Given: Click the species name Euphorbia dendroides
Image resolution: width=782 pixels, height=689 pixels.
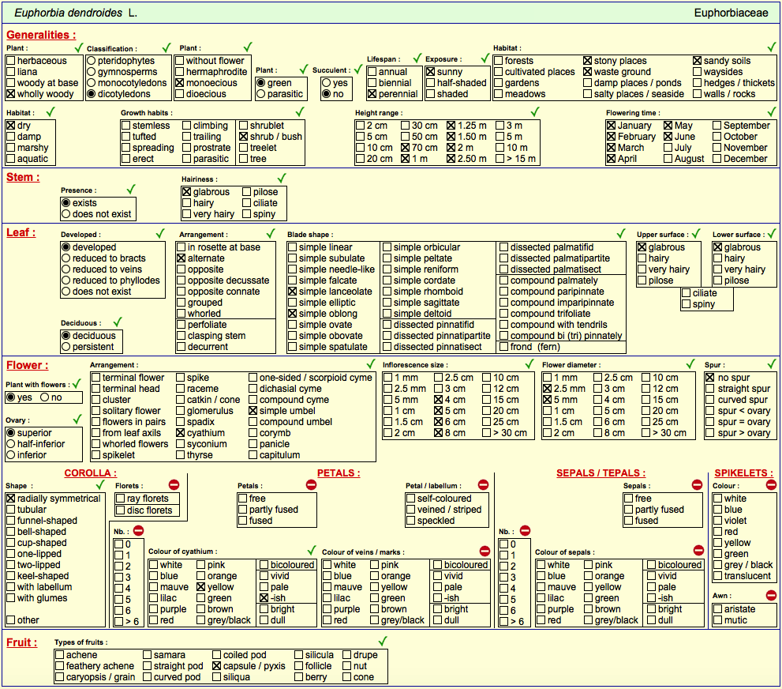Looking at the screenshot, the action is click(x=68, y=13).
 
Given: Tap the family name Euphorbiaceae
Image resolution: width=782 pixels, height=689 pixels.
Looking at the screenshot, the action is click(x=731, y=13).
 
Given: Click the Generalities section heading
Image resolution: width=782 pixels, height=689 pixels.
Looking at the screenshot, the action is click(x=41, y=35).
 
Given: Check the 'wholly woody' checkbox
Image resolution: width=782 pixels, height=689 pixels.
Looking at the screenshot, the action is click(x=10, y=94).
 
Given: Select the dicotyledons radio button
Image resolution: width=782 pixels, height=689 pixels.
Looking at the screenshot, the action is click(x=92, y=94).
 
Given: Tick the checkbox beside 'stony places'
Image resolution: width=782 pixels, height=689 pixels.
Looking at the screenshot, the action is click(x=588, y=61).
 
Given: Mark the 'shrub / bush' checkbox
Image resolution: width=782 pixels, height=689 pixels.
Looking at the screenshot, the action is click(x=243, y=137).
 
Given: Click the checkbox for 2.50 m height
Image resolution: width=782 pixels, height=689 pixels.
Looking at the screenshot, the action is click(x=451, y=159).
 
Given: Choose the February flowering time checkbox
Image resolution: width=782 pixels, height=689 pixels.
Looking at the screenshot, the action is click(x=611, y=137).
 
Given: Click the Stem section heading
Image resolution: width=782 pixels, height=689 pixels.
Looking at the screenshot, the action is click(x=23, y=177).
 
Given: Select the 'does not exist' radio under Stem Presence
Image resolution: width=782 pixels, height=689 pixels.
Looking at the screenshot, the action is click(x=65, y=214).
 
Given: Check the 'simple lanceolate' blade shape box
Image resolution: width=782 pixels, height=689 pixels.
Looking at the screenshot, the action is click(x=292, y=292).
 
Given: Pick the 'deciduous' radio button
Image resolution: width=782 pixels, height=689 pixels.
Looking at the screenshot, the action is click(x=65, y=336).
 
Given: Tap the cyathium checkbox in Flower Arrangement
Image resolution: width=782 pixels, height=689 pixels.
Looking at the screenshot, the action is click(x=181, y=433).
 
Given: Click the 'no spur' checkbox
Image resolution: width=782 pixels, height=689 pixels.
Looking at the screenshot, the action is click(x=710, y=378).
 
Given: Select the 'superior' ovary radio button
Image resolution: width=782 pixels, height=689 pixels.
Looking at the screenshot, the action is click(x=10, y=433).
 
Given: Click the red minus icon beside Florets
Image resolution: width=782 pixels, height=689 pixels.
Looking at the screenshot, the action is click(x=174, y=485).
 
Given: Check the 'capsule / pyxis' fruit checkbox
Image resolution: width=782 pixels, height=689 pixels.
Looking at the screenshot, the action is click(x=216, y=666).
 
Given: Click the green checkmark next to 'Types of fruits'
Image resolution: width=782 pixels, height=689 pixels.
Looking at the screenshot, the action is click(x=383, y=641).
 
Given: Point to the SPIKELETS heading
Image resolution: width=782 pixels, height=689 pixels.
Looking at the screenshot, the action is click(x=743, y=473).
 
